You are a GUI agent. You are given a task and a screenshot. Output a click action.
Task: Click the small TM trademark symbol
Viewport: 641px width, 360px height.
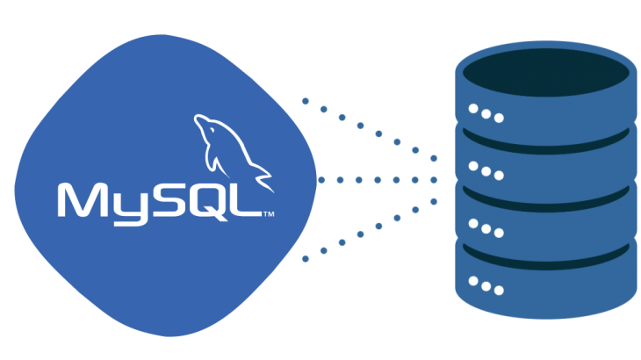(x=270, y=213)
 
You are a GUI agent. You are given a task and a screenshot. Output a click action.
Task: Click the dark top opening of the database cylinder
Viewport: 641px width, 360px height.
(x=545, y=77)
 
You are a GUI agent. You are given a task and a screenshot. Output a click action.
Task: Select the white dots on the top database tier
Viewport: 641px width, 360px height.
(x=486, y=113)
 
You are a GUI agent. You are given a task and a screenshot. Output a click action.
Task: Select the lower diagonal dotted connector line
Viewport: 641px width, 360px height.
(x=369, y=230)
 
